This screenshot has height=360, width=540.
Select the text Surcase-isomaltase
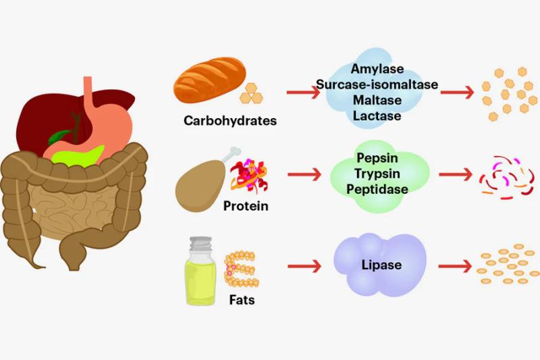point(377,84)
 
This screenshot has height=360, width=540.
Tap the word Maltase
point(377,100)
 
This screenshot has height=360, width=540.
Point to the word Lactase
point(377,115)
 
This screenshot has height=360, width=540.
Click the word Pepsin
point(377,158)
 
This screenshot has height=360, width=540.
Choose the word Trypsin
point(377,174)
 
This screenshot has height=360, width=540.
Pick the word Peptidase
point(377,189)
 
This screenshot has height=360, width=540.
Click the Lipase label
point(381,265)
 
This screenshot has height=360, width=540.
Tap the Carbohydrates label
point(230,121)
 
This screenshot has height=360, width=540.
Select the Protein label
point(246,205)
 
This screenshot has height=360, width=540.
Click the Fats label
point(242,300)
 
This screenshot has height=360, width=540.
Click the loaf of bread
point(210,80)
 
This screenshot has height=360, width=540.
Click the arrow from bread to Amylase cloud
point(303,93)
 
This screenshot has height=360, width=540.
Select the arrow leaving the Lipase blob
point(455,266)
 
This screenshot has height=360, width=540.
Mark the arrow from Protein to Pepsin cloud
point(304,174)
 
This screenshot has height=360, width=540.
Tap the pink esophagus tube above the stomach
point(88,91)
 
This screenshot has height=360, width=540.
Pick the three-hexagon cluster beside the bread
point(251,93)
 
